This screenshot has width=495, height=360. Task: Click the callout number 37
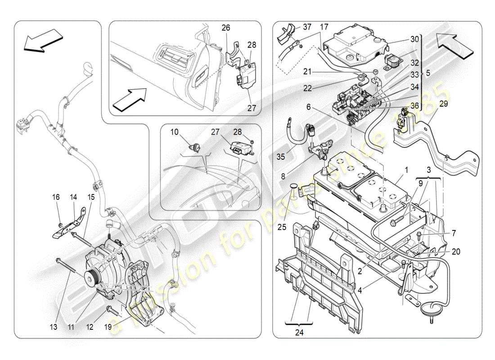click(307, 27)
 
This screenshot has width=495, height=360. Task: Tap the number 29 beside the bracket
click(444, 103)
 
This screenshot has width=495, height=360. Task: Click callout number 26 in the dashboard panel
click(226, 28)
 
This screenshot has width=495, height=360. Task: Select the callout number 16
click(56, 197)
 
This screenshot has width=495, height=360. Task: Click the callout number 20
click(456, 252)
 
